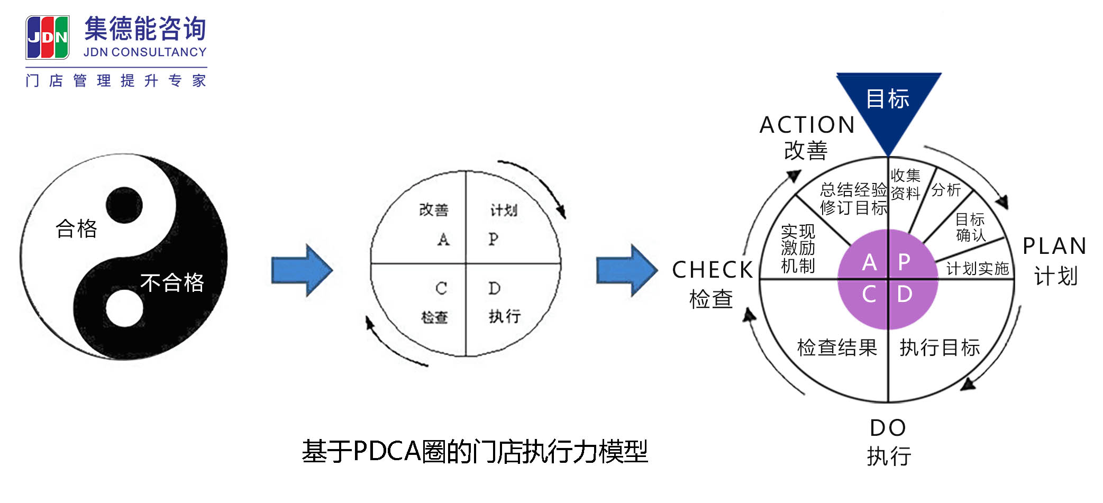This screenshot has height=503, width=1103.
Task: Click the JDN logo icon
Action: (48, 37)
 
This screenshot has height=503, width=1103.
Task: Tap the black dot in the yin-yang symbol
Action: (124, 205)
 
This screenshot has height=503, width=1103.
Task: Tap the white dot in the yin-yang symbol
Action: (124, 308)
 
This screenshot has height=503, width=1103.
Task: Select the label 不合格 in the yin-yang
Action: (172, 282)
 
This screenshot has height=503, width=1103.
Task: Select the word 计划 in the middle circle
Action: (503, 210)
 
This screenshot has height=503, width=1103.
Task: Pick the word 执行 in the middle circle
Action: (504, 316)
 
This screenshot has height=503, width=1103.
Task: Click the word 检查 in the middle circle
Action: (434, 317)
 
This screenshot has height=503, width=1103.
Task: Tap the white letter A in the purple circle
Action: (869, 262)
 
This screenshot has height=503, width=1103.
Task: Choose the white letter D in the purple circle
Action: (905, 294)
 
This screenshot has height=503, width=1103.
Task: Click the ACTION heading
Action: (807, 125)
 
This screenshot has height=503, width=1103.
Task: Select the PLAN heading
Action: (1054, 246)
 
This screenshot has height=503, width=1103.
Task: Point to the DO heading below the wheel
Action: (888, 427)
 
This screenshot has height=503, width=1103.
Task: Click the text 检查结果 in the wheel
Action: (837, 347)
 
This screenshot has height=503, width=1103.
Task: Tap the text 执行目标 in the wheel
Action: (940, 347)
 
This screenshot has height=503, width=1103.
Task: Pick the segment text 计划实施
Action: (977, 269)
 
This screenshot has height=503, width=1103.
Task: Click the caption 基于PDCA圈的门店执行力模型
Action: (475, 451)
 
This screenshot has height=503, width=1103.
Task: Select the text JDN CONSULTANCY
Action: (145, 52)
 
